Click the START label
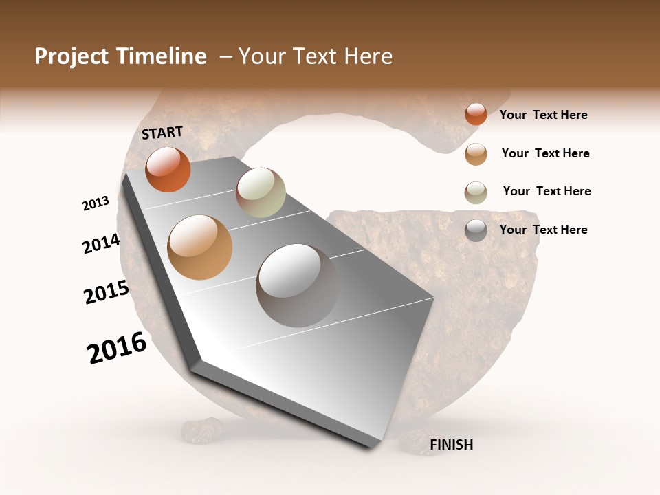pyautogui.click(x=162, y=133)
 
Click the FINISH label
pyautogui.click(x=451, y=445)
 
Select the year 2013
pyautogui.click(x=96, y=203)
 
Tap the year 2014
pyautogui.click(x=101, y=243)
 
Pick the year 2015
pyautogui.click(x=107, y=291)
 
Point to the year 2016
pyautogui.click(x=117, y=348)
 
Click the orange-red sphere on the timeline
pyautogui.click(x=168, y=169)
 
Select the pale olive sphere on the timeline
pyautogui.click(x=261, y=192)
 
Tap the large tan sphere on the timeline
pyautogui.click(x=199, y=247)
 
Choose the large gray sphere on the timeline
pyautogui.click(x=297, y=285)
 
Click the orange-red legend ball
pyautogui.click(x=476, y=114)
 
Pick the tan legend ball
pyautogui.click(x=476, y=154)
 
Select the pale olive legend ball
pyautogui.click(x=476, y=192)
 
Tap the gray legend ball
pyautogui.click(x=476, y=230)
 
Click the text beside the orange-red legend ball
pyautogui.click(x=543, y=115)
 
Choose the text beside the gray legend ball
pyautogui.click(x=543, y=230)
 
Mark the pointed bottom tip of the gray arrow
pyautogui.click(x=371, y=448)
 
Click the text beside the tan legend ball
pyautogui.click(x=545, y=153)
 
